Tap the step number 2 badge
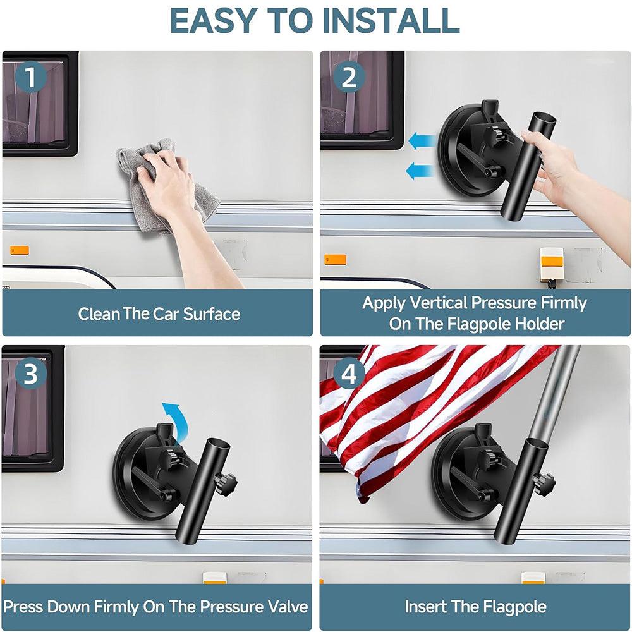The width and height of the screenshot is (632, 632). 349,79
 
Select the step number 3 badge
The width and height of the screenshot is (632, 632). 30,374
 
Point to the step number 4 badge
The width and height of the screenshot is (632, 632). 349,374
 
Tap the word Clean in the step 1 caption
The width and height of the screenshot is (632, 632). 99,314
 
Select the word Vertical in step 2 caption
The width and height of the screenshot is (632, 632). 444,303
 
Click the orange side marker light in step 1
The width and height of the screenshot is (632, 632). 19,250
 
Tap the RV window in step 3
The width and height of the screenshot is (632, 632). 32,408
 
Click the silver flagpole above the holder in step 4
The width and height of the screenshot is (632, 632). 559,392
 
